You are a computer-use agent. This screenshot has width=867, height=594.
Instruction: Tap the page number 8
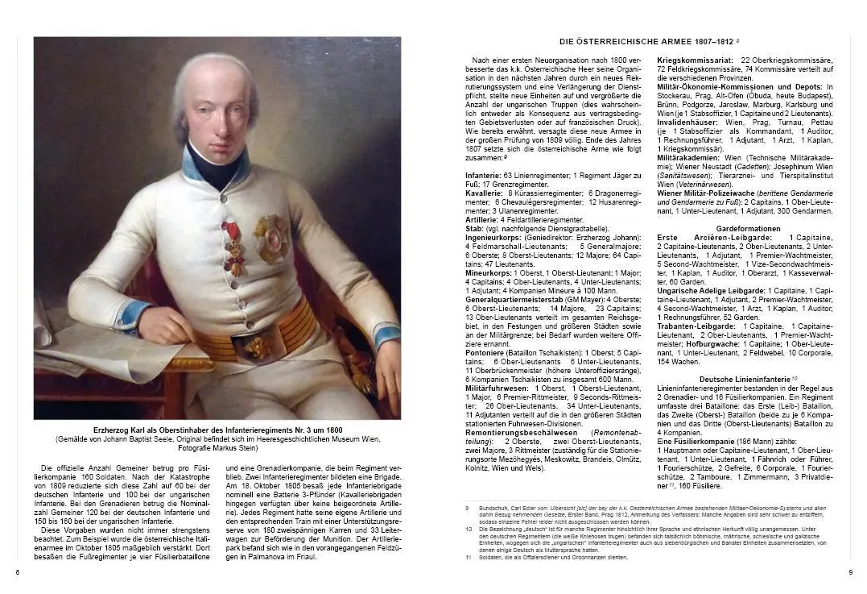pos(18,572)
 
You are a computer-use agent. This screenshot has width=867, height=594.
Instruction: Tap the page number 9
pos(850,572)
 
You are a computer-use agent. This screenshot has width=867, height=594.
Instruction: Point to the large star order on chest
pos(271,239)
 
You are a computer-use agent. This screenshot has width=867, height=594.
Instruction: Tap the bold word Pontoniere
pos(486,352)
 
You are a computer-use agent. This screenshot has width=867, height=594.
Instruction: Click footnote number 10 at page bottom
pos(469,529)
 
